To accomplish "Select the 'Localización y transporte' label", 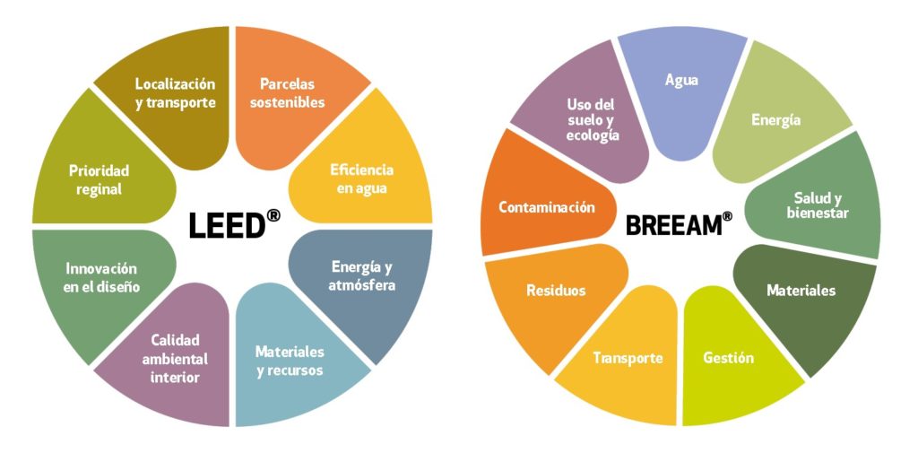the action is pyautogui.click(x=175, y=93).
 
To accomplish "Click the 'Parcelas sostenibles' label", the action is pyautogui.click(x=287, y=93).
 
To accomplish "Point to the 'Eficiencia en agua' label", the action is pyautogui.click(x=361, y=179).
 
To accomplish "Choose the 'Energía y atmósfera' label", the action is pyautogui.click(x=361, y=276).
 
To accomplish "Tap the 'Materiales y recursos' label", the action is pyautogui.click(x=290, y=361).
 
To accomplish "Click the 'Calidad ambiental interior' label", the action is pyautogui.click(x=175, y=359).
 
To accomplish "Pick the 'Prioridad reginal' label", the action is pyautogui.click(x=99, y=180).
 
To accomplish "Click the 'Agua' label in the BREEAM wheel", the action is pyautogui.click(x=681, y=81).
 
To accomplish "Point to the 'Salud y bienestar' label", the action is pyautogui.click(x=818, y=205).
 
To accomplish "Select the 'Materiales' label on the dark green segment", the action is pyautogui.click(x=801, y=290).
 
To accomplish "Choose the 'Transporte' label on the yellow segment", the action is pyautogui.click(x=628, y=358).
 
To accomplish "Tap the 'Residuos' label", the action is pyautogui.click(x=556, y=290).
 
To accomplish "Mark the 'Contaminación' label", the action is pyautogui.click(x=547, y=207).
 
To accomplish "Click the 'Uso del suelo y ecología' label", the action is pyautogui.click(x=593, y=120).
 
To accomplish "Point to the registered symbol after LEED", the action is pyautogui.click(x=273, y=215).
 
